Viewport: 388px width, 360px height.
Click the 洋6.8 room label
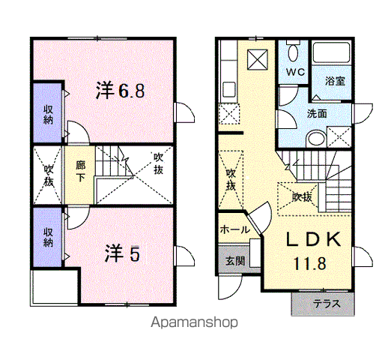[x=121, y=91]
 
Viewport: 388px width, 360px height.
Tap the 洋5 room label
[x=122, y=253]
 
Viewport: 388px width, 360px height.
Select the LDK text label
[x=313, y=239]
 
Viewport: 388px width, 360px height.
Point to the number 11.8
[x=309, y=263]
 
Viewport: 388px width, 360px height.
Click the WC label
[x=295, y=72]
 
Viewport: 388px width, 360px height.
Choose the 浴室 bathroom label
[x=335, y=80]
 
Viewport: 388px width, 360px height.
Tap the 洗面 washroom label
[x=317, y=114]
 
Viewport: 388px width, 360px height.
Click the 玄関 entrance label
[x=235, y=261]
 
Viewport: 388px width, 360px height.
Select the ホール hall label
[x=234, y=229]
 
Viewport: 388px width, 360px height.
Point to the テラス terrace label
[x=327, y=304]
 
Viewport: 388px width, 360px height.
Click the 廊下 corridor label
[x=80, y=171]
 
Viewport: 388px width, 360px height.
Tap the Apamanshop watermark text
[x=194, y=322]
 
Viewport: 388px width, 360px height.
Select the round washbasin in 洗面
[x=316, y=139]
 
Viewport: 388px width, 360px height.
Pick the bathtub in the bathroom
[x=332, y=52]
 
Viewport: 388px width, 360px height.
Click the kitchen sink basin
[x=229, y=90]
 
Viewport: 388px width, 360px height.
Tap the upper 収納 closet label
[x=48, y=115]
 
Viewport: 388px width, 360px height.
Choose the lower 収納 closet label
[x=48, y=238]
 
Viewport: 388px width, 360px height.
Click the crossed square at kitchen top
[x=258, y=59]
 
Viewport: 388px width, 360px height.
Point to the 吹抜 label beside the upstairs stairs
[x=158, y=163]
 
